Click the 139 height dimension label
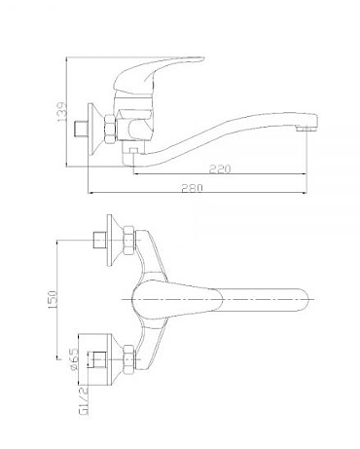(61, 112)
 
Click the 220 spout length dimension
(220, 168)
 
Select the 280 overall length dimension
(192, 188)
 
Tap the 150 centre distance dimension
(53, 299)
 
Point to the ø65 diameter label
(74, 359)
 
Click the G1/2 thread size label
(84, 401)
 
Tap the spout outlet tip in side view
(307, 129)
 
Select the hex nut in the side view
(110, 129)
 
